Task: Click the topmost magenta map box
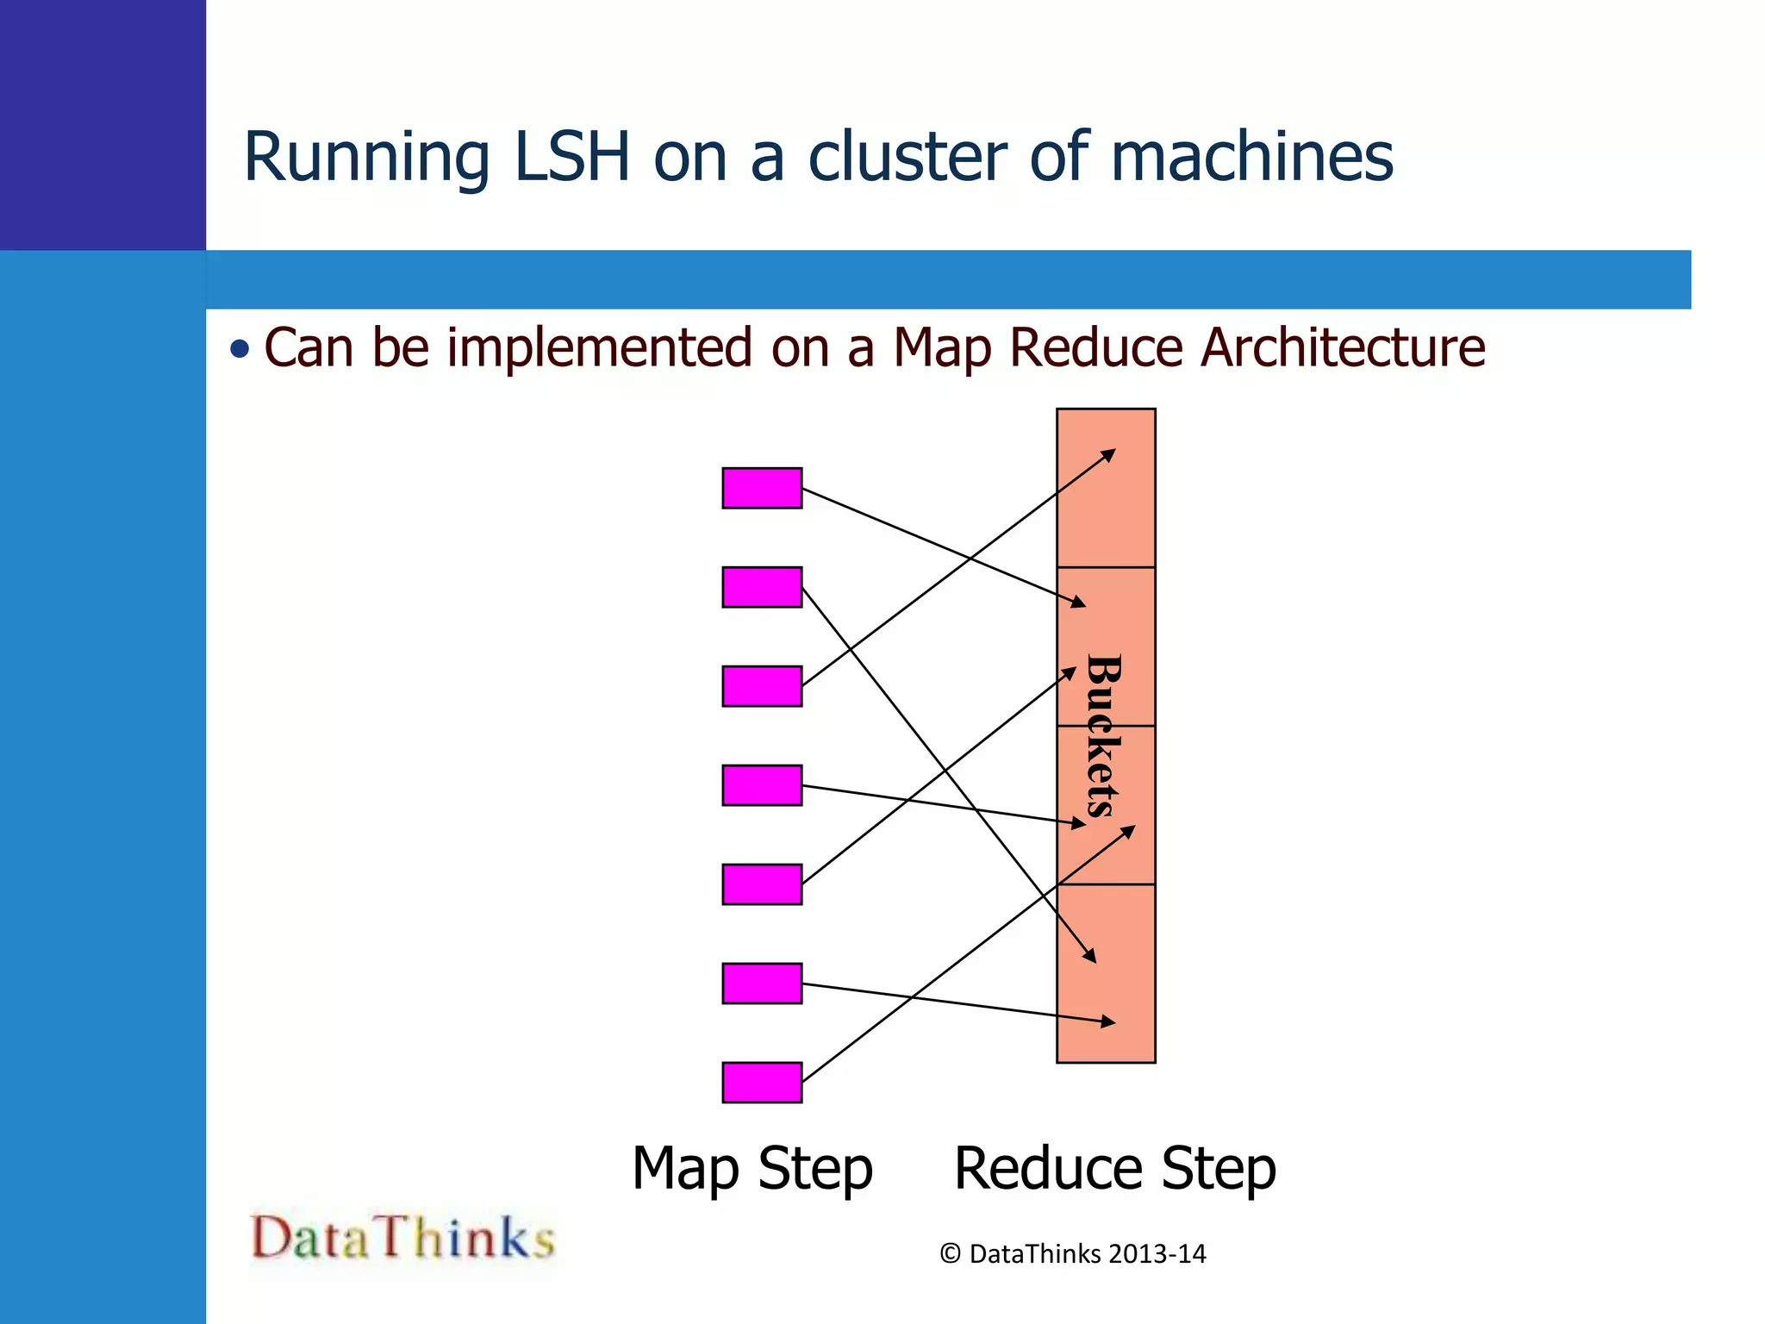point(762,488)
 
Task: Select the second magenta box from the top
point(762,587)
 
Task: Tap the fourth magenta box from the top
point(762,785)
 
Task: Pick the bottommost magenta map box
point(762,1083)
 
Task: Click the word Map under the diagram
point(685,1170)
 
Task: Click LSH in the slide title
point(571,157)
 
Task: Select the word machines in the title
point(1251,157)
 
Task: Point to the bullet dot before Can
point(240,349)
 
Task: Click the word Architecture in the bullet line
point(1343,348)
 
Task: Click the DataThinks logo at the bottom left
point(402,1238)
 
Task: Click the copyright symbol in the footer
point(950,1254)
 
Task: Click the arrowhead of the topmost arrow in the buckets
point(1111,453)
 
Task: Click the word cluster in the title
point(907,157)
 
